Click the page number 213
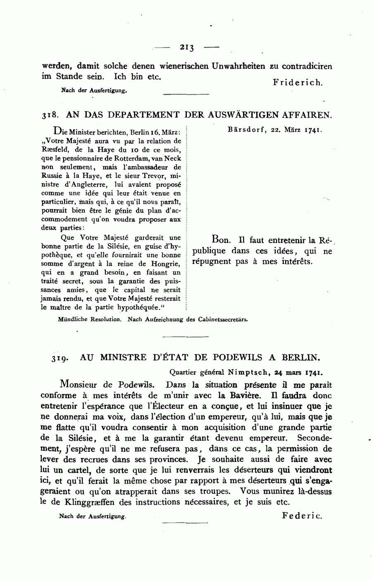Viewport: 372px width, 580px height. [187, 48]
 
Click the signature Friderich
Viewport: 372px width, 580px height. [298, 83]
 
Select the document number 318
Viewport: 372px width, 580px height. [50, 115]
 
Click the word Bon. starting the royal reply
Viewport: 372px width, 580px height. [220, 240]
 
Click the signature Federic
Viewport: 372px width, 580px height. [302, 516]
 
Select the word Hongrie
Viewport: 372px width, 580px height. [167, 264]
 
